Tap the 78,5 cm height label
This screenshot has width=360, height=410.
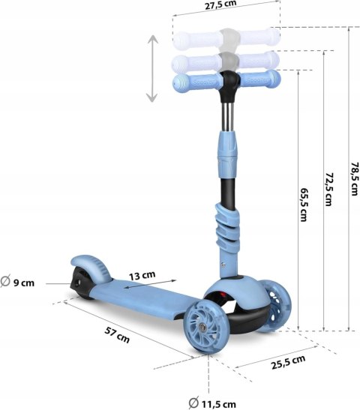(x=354, y=178)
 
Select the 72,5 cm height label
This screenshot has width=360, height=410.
(x=328, y=189)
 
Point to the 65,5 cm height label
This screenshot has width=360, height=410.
(x=304, y=205)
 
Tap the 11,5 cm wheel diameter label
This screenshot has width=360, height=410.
(x=212, y=403)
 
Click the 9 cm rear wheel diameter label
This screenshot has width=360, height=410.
(x=17, y=281)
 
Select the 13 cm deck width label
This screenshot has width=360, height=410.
(x=142, y=276)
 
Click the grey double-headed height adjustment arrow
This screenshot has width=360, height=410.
(x=152, y=68)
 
